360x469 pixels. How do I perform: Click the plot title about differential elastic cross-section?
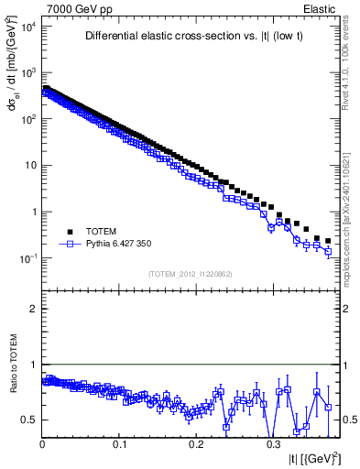pyautogui.click(x=190, y=37)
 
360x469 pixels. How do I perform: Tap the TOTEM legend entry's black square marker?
pyautogui.click(x=69, y=232)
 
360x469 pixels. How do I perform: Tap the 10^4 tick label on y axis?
pyautogui.click(x=27, y=26)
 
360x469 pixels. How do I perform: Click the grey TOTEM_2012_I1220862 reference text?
pyautogui.click(x=191, y=275)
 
